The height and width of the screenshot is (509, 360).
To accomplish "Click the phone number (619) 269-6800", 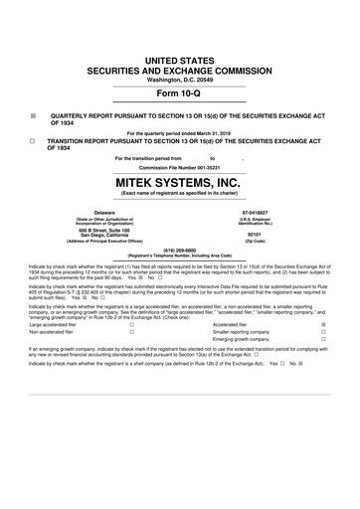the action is [x=180, y=250].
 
